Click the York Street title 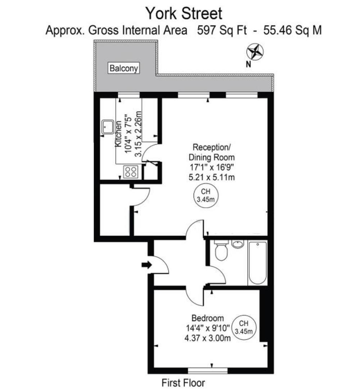(x=184, y=14)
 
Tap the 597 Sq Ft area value (x=222, y=31)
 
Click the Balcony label (x=124, y=68)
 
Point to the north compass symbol (x=255, y=52)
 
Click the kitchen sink (x=107, y=127)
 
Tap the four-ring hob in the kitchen (x=130, y=171)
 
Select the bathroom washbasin (x=237, y=245)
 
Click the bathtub (x=258, y=263)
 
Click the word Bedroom (x=207, y=318)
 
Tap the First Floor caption (x=183, y=383)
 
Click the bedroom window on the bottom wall (x=208, y=371)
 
